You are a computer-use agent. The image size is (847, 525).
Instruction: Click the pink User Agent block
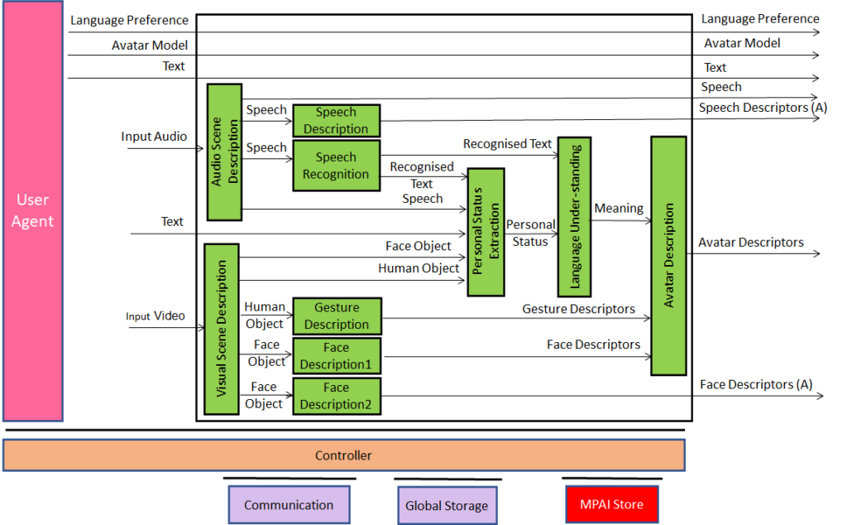click(x=32, y=211)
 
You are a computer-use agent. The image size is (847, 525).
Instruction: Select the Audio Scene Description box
click(x=224, y=152)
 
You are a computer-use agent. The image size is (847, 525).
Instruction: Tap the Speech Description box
click(x=336, y=121)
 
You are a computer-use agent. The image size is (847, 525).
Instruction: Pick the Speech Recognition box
click(x=336, y=166)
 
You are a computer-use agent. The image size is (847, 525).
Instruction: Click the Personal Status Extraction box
click(x=486, y=231)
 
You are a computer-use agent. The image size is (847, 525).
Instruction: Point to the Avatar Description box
click(x=668, y=255)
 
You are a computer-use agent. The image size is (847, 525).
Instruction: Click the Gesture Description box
click(x=336, y=316)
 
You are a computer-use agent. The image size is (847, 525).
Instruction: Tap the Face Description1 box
click(x=336, y=356)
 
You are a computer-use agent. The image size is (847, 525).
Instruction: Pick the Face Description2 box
click(x=336, y=396)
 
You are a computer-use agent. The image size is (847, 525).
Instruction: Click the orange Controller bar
click(x=344, y=455)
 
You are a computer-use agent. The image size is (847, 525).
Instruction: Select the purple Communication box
click(x=289, y=505)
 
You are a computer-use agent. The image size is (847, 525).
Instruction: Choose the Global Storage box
click(x=447, y=505)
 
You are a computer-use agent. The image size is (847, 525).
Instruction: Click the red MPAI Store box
click(x=611, y=504)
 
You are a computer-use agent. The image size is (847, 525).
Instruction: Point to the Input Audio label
click(x=154, y=137)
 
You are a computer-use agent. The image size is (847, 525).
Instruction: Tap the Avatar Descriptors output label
click(x=750, y=243)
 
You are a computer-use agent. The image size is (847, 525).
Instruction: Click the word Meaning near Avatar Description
click(x=619, y=209)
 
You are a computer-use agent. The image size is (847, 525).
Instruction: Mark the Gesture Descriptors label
click(x=578, y=309)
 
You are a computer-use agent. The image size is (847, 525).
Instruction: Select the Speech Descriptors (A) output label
click(x=762, y=108)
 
